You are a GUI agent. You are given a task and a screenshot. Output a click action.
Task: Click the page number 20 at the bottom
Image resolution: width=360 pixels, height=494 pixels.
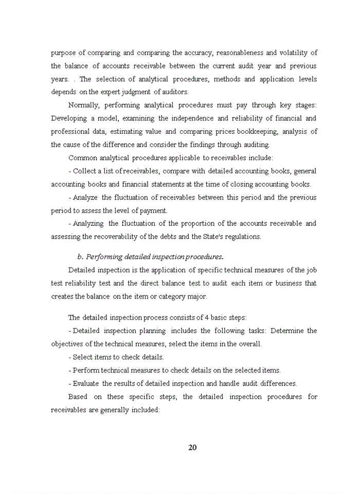pyautogui.click(x=192, y=447)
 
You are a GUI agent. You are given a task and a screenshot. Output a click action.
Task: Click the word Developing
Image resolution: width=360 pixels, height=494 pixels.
pyautogui.click(x=69, y=118)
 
